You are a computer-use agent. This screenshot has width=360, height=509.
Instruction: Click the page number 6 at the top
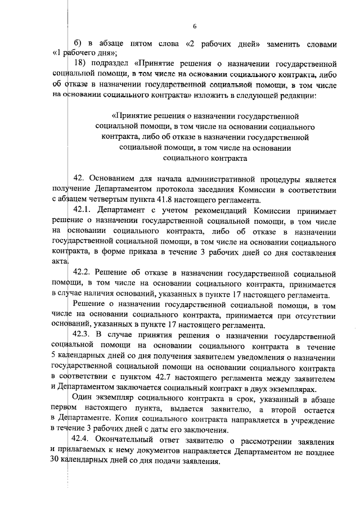coord(194,26)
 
